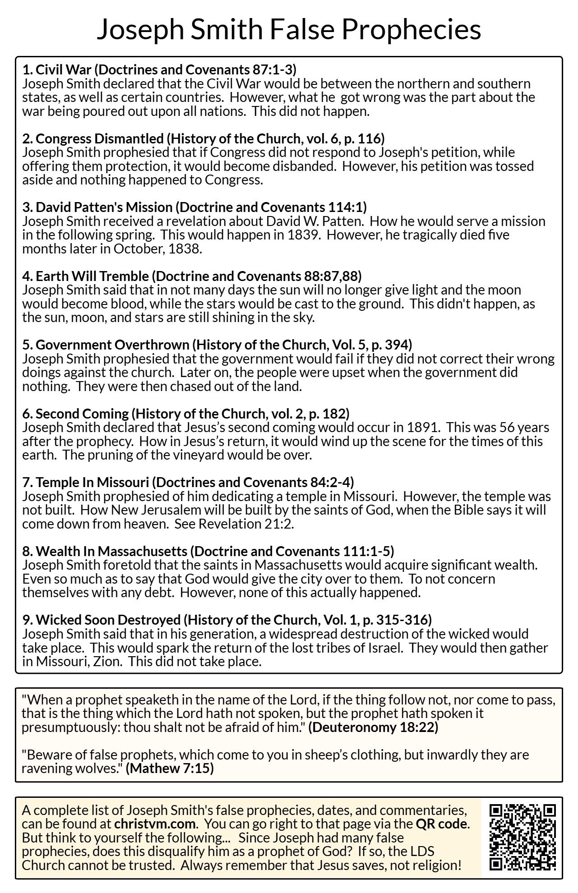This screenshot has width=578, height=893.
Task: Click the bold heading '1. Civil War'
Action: (57, 69)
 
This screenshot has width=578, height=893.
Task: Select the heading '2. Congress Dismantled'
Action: (93, 138)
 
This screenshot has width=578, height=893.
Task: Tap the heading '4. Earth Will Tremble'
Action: (86, 276)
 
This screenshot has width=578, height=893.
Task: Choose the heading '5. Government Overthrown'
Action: (106, 345)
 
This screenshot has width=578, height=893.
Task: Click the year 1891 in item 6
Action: (422, 427)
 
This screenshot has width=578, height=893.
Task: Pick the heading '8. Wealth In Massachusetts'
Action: (105, 551)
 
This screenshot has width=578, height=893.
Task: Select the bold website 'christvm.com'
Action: (155, 824)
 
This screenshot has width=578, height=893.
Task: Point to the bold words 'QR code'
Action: (441, 824)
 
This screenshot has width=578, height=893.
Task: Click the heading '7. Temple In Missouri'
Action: (86, 483)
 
